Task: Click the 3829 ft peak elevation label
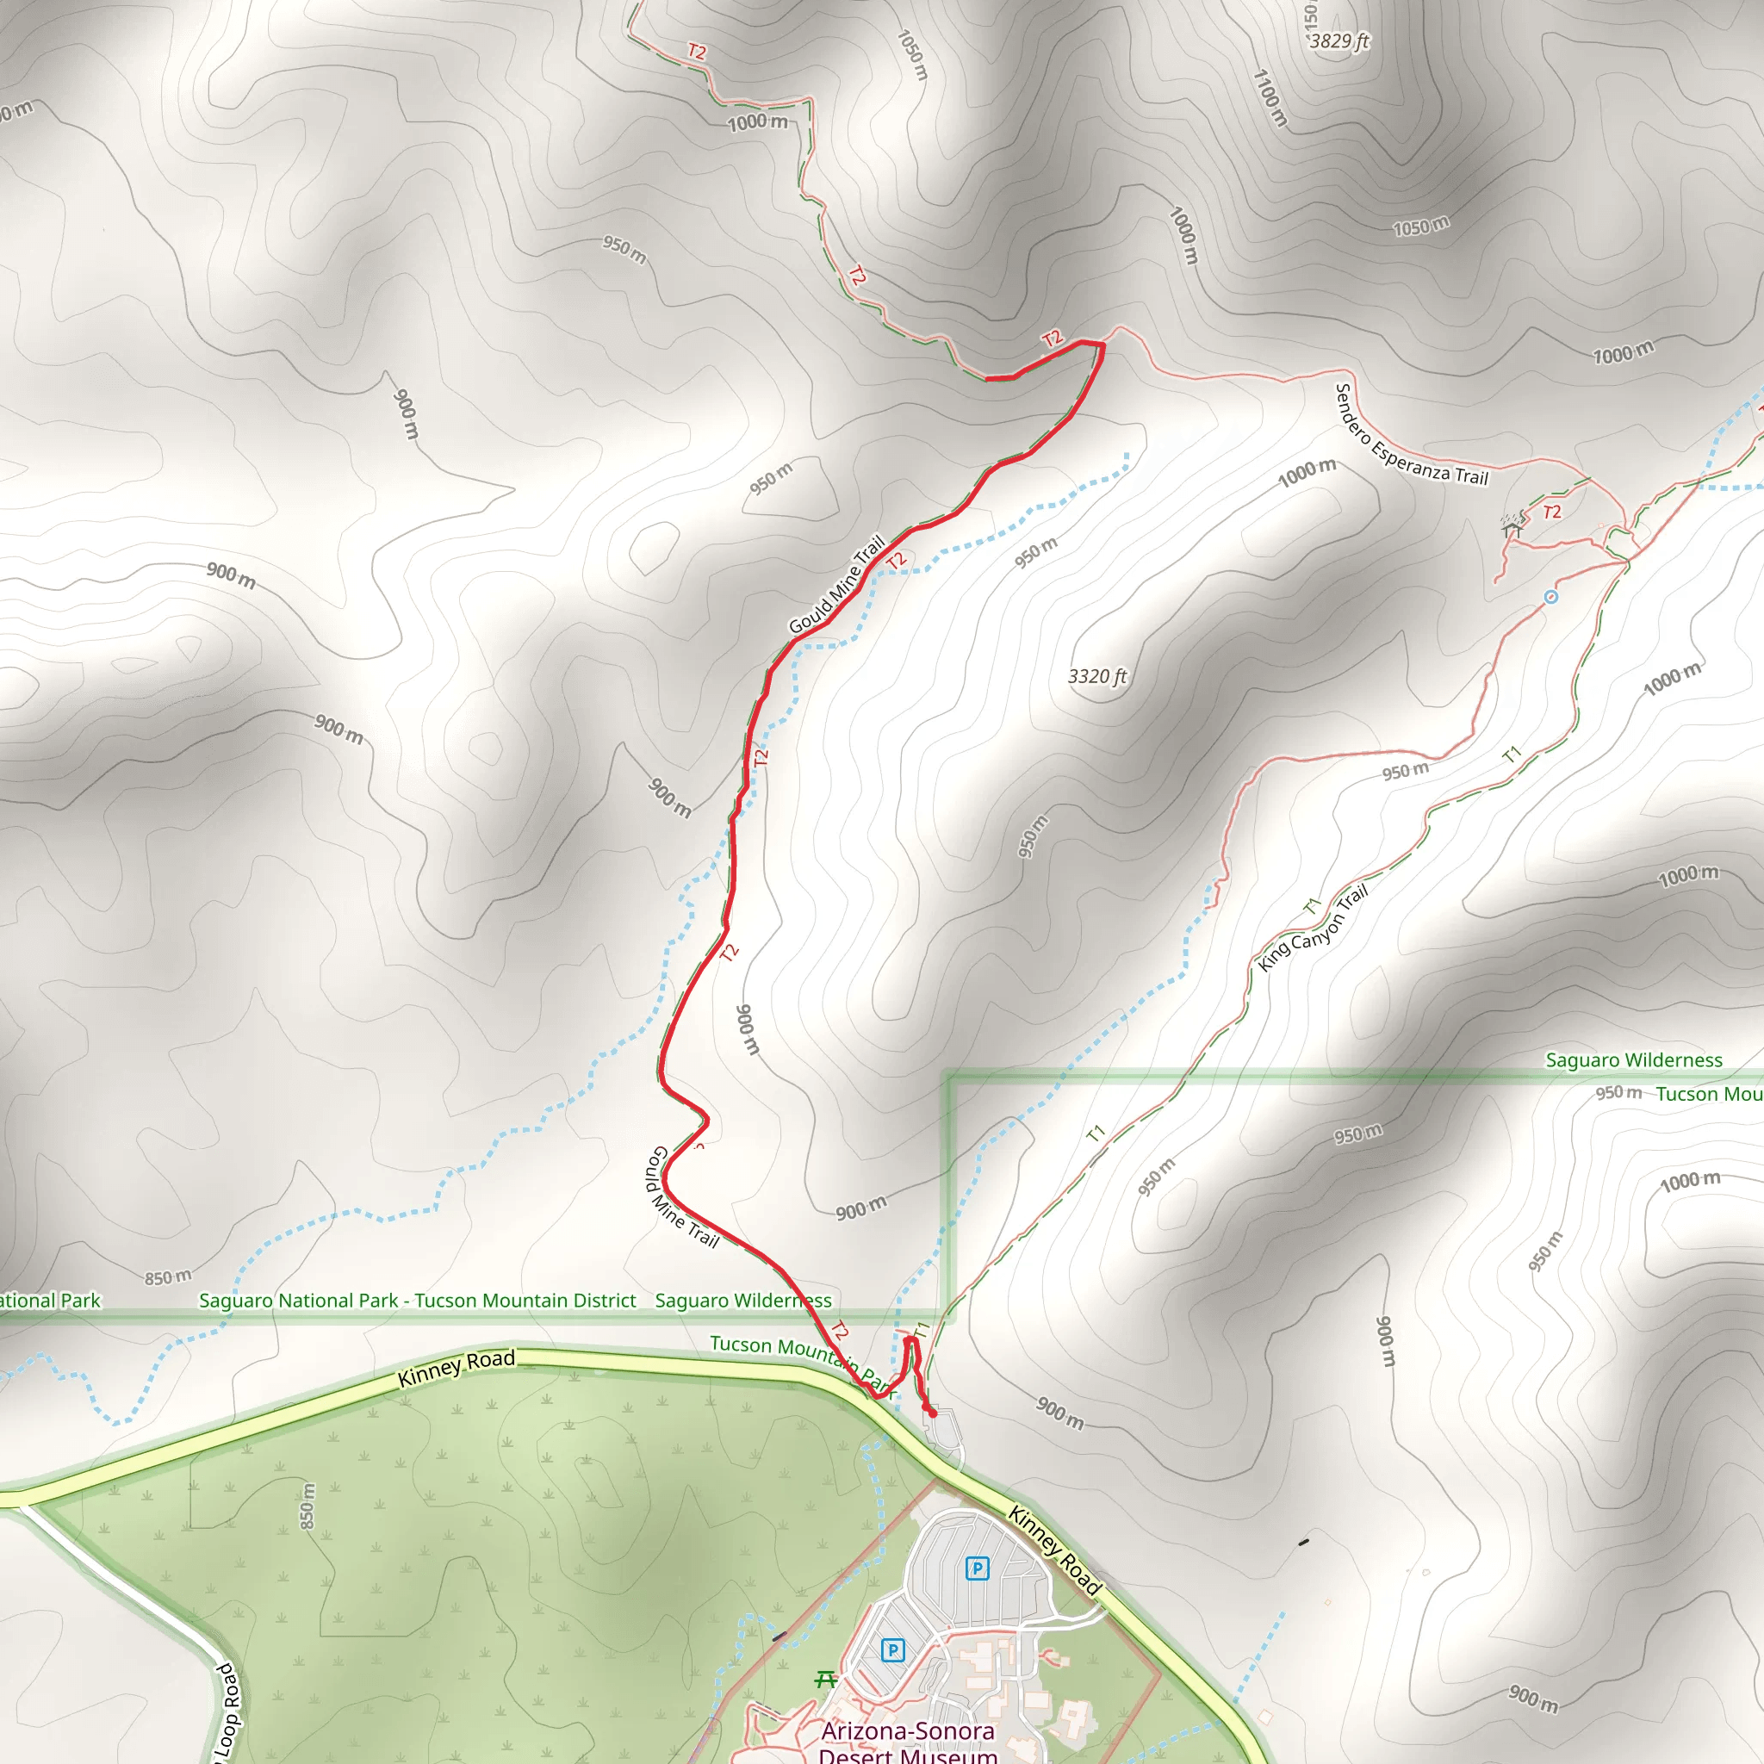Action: pyautogui.click(x=1339, y=41)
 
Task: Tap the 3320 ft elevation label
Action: pyautogui.click(x=1097, y=676)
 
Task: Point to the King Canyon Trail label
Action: pyautogui.click(x=1313, y=929)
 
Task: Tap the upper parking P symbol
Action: pyautogui.click(x=977, y=1568)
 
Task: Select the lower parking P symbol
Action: pyautogui.click(x=893, y=1649)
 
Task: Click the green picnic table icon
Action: pyautogui.click(x=825, y=1679)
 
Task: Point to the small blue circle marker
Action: pyautogui.click(x=1550, y=597)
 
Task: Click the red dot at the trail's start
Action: pyautogui.click(x=932, y=1413)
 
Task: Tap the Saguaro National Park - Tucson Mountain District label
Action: pyautogui.click(x=417, y=1300)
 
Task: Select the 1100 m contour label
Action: pyautogui.click(x=1269, y=97)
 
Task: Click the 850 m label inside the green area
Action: pyautogui.click(x=307, y=1506)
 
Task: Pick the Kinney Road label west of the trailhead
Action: pyautogui.click(x=457, y=1368)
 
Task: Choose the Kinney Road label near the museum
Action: pyautogui.click(x=1055, y=1550)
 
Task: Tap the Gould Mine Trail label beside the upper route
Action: pyautogui.click(x=837, y=584)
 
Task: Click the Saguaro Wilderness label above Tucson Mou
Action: pyautogui.click(x=1633, y=1060)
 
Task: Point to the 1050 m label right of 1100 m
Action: pyautogui.click(x=1420, y=226)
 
